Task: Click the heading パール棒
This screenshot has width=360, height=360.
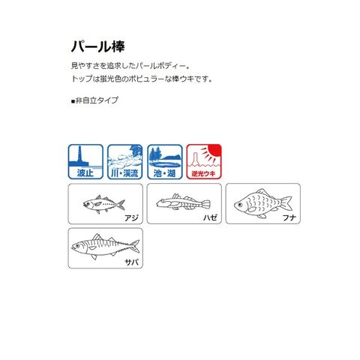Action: (x=97, y=46)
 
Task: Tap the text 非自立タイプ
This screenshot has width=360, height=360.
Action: (x=97, y=100)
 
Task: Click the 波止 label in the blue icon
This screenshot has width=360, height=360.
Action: (x=85, y=173)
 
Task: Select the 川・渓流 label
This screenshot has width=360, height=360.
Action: (x=124, y=173)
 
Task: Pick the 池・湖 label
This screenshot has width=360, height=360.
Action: (x=164, y=173)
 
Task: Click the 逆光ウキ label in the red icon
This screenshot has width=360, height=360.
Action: (x=204, y=173)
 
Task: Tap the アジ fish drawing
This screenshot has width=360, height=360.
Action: (x=103, y=204)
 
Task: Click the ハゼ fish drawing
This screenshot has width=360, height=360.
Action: (x=183, y=202)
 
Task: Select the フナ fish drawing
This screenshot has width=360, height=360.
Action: (x=262, y=203)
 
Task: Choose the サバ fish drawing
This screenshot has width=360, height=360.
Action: (x=105, y=246)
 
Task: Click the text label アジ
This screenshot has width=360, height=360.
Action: (x=131, y=217)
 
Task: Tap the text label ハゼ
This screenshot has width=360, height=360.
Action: (x=210, y=217)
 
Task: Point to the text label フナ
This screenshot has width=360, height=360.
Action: (x=289, y=217)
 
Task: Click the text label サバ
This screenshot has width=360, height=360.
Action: (x=131, y=262)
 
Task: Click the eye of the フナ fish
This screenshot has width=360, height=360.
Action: (x=240, y=205)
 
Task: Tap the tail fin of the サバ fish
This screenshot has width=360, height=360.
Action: (x=135, y=246)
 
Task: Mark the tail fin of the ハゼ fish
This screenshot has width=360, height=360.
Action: (x=205, y=204)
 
